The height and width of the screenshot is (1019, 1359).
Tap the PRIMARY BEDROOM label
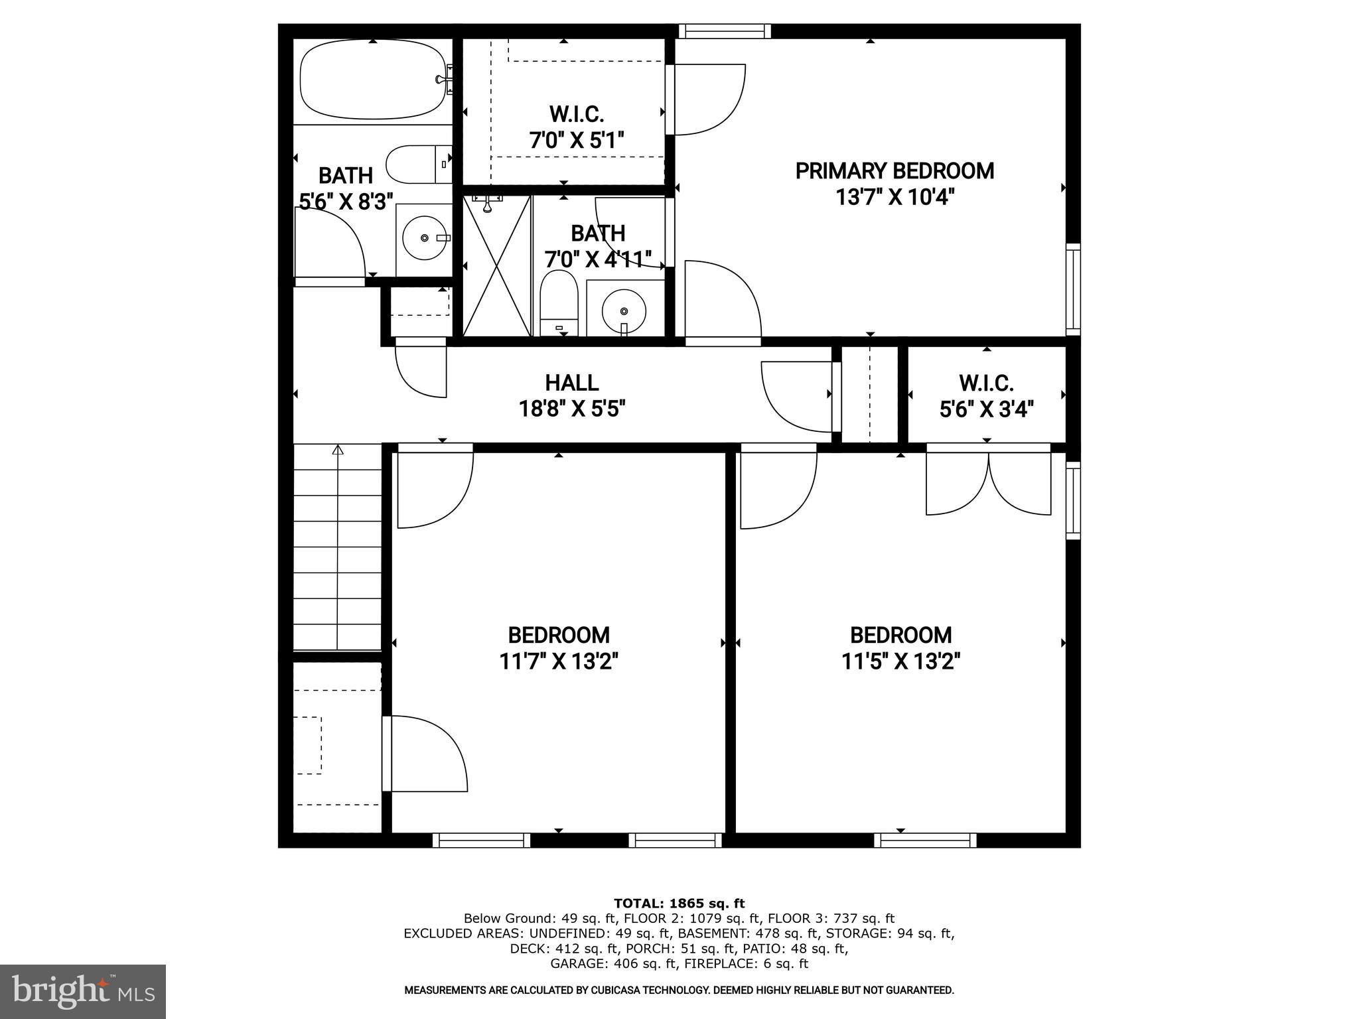(894, 171)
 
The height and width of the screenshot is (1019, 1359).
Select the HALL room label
(571, 383)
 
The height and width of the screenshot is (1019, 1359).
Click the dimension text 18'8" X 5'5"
(571, 409)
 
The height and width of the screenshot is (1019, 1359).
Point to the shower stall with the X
(497, 265)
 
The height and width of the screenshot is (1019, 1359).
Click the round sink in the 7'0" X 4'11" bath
(623, 310)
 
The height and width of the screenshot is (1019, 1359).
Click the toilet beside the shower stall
(559, 303)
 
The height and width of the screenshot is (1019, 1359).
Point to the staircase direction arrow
(338, 450)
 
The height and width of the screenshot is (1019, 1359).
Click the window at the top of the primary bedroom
(725, 31)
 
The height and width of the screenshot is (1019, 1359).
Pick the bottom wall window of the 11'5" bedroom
(925, 841)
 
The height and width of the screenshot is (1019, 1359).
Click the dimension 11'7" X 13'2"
(559, 661)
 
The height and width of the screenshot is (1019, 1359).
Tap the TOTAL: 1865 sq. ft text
(679, 903)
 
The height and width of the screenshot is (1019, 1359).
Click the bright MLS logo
(82, 991)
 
